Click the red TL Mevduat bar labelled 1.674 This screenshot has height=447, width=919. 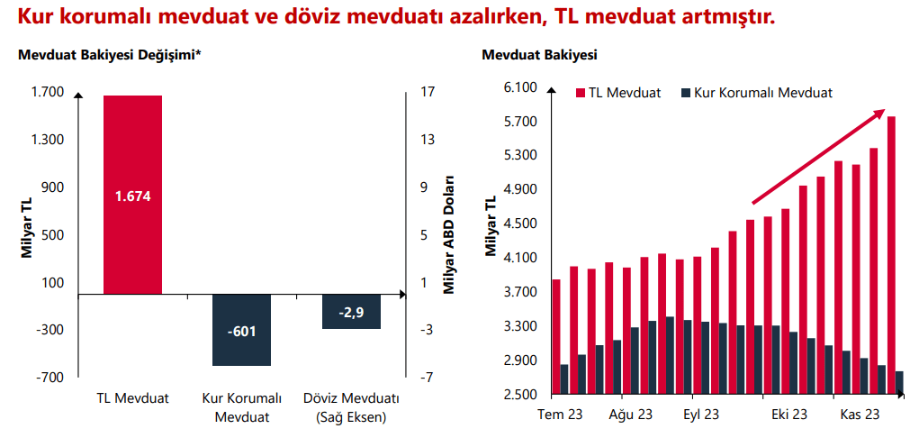tap(133, 195)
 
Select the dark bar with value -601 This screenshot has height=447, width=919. tap(242, 330)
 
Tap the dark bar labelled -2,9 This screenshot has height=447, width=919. tap(351, 312)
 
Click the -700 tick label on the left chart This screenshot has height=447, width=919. tap(50, 377)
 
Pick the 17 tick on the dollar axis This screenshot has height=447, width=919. tap(428, 92)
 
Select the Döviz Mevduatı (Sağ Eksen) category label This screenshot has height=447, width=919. tap(351, 408)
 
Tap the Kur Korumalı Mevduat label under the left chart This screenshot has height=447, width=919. tap(242, 408)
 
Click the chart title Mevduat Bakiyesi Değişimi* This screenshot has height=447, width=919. tap(109, 56)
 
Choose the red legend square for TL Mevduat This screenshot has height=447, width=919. tap(581, 93)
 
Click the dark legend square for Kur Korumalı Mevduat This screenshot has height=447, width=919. tap(687, 93)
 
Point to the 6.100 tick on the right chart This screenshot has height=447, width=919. tap(520, 87)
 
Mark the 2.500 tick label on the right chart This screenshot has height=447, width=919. tap(520, 395)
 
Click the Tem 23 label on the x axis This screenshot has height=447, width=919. tap(560, 415)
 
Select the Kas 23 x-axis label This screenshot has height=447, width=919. tap(860, 415)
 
